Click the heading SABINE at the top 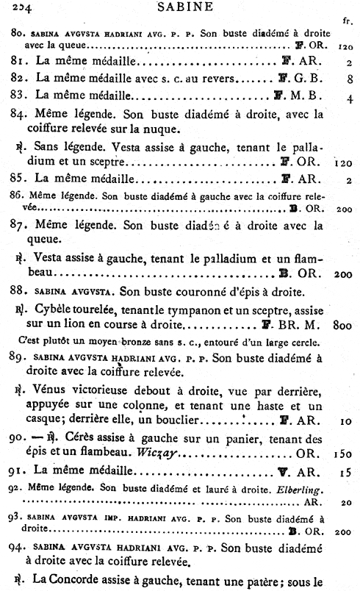pyautogui.click(x=179, y=8)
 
